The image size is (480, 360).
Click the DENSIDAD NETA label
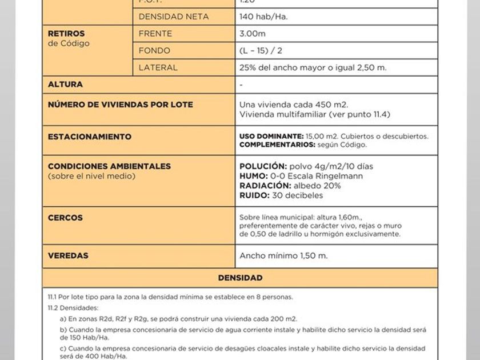click(174, 17)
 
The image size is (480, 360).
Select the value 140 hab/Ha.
click(263, 17)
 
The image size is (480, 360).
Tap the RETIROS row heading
click(66, 34)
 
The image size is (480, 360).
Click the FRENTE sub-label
click(155, 34)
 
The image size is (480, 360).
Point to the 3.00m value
click(253, 34)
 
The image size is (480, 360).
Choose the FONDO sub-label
click(154, 50)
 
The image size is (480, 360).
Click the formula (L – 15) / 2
click(261, 50)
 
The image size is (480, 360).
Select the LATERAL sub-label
click(158, 67)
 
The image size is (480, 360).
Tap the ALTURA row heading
click(65, 85)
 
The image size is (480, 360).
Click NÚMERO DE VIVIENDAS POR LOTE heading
click(121, 105)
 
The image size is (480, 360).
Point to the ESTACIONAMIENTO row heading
click(90, 137)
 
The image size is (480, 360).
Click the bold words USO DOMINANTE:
click(271, 137)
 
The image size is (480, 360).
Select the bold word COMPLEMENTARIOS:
click(277, 145)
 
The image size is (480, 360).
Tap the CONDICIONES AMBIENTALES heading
click(109, 166)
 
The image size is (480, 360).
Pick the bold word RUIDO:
click(254, 195)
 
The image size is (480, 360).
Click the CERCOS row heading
click(65, 218)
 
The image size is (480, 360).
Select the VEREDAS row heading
click(68, 255)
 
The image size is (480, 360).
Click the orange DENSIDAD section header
click(240, 278)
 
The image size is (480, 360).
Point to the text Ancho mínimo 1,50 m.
click(283, 255)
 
